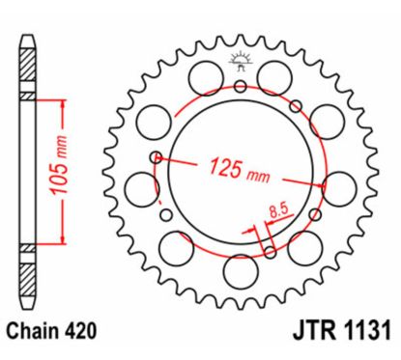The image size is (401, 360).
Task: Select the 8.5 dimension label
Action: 277,206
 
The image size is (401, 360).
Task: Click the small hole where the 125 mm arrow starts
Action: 156,156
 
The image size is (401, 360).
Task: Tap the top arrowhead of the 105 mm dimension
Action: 63,101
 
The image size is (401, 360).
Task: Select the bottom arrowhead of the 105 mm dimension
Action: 63,242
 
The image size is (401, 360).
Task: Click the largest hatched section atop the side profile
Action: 28,69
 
